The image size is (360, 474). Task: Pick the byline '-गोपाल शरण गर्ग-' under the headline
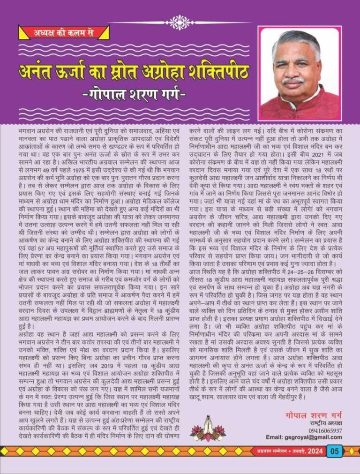click(133, 98)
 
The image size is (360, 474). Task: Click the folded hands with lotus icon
click(202, 429)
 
